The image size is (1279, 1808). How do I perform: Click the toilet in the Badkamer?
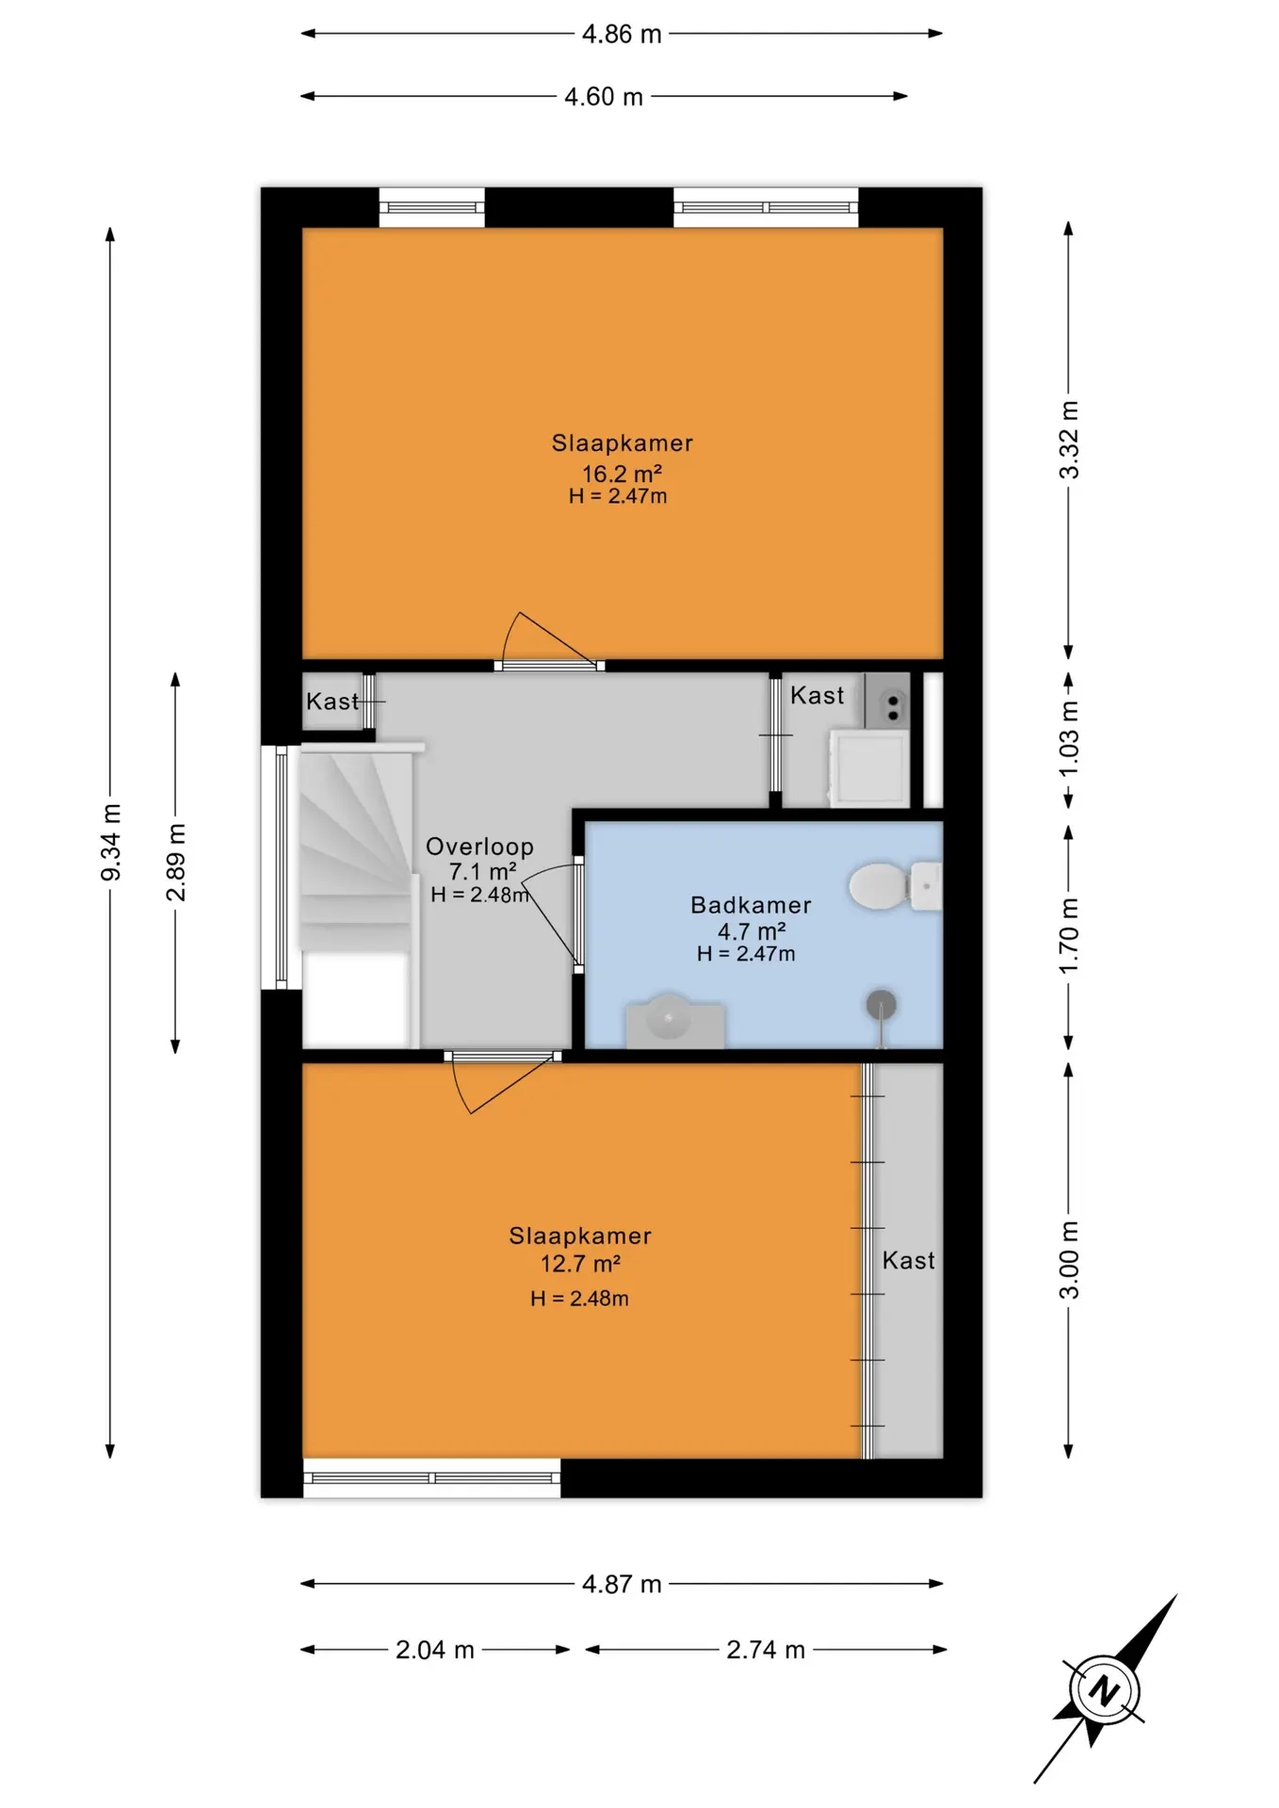click(x=895, y=886)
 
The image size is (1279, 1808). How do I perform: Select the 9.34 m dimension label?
click(x=110, y=843)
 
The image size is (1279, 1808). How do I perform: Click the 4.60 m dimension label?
click(x=604, y=96)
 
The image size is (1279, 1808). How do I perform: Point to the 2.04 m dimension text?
click(x=434, y=1649)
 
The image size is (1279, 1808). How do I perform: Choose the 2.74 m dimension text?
click(x=766, y=1649)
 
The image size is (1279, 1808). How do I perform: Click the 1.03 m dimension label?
click(x=1068, y=739)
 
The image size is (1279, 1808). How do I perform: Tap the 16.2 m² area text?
click(x=622, y=473)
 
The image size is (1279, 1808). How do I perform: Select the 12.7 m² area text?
click(x=580, y=1263)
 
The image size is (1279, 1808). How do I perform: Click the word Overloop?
click(x=479, y=846)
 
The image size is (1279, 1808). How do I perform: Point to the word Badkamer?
click(x=751, y=904)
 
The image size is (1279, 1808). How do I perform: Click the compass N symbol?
click(x=1103, y=1690)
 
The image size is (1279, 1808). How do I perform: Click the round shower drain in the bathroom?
click(x=881, y=1005)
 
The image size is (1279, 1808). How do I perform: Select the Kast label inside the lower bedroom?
click(x=908, y=1260)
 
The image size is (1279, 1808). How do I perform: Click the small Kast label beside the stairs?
click(x=332, y=701)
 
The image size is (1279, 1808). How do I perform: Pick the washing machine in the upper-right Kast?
click(x=869, y=768)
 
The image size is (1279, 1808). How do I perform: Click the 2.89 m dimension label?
click(x=176, y=862)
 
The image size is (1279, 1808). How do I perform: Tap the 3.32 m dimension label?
click(x=1068, y=440)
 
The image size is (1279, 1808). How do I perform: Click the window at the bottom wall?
click(x=432, y=1477)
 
